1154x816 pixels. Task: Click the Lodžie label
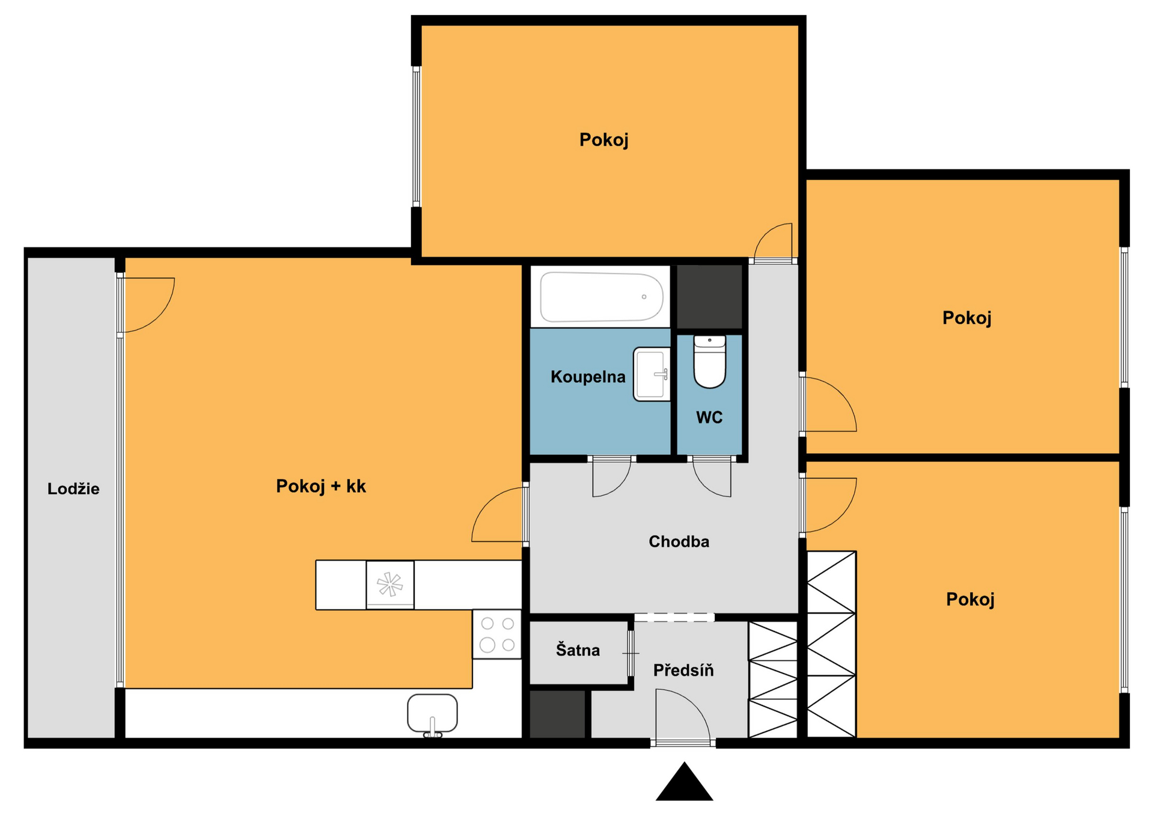(x=73, y=489)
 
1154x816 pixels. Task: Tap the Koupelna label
(x=588, y=377)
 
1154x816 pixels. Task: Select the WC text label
(x=709, y=418)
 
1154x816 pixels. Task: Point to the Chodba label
(x=679, y=541)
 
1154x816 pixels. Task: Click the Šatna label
(x=578, y=650)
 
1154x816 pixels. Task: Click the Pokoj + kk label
(x=321, y=486)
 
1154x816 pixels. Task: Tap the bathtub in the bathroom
(x=602, y=297)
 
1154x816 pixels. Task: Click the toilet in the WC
(x=710, y=362)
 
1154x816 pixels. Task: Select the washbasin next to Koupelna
(x=652, y=374)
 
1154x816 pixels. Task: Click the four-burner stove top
(x=497, y=634)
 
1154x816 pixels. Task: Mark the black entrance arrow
(x=684, y=782)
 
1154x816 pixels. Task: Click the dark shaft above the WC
(x=710, y=297)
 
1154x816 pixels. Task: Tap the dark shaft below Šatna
(x=557, y=714)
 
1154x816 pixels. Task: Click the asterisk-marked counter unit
(x=390, y=585)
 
